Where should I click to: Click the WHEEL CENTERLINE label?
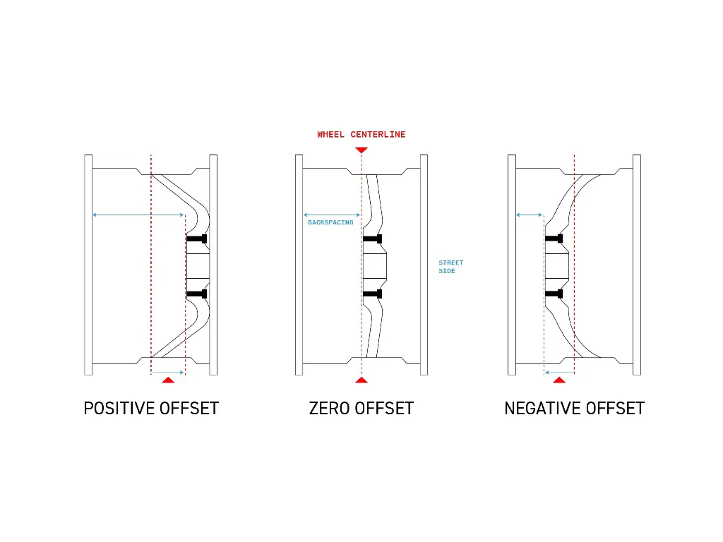pos(361,134)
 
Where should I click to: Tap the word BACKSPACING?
pos(330,222)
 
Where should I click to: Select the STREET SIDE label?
pos(450,267)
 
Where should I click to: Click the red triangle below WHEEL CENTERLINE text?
pos(361,150)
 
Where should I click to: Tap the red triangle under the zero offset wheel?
pos(361,380)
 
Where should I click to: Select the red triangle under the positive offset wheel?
pos(167,380)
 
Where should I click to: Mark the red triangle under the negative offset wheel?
pos(559,380)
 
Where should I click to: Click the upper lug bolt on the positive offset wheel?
pos(197,239)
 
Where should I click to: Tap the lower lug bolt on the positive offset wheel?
pos(197,294)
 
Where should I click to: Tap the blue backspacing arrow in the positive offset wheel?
pos(138,215)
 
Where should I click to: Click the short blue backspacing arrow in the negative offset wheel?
pos(530,215)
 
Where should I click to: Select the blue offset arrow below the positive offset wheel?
pos(167,372)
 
